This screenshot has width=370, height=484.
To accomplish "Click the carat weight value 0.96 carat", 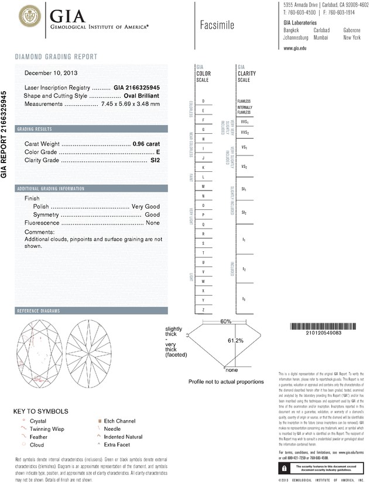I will pyautogui.click(x=146, y=143).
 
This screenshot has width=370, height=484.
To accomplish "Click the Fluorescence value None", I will pyautogui.click(x=153, y=223).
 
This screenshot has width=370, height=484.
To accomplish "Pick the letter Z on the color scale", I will pyautogui.click(x=203, y=309).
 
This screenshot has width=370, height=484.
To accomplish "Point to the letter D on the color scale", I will pyautogui.click(x=203, y=101).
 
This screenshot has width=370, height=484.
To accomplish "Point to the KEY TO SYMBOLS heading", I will pyautogui.click(x=40, y=411).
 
